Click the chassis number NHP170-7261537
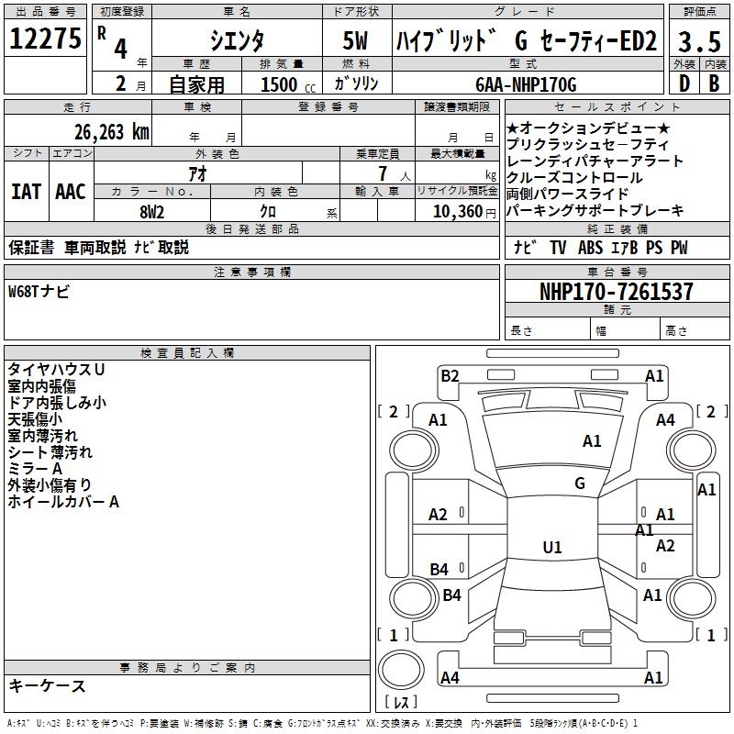[617, 292]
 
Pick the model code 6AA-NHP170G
[526, 85]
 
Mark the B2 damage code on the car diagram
[449, 375]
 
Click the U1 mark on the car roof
[551, 548]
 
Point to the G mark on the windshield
[580, 484]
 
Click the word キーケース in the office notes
[48, 686]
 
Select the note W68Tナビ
[39, 292]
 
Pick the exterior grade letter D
[684, 84]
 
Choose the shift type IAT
[27, 192]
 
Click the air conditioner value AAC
[71, 192]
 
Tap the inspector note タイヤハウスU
[56, 369]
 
